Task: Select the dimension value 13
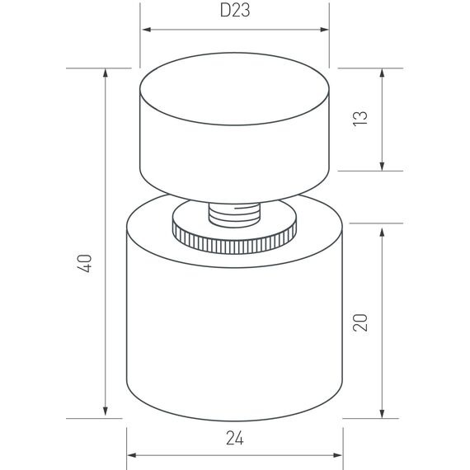pos(360,119)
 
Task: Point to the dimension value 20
pos(360,321)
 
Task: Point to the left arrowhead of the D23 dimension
pos(146,30)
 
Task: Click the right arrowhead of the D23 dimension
pos(324,30)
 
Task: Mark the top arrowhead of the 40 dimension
pos(106,73)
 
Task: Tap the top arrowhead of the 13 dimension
pos(382,73)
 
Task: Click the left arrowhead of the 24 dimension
pos(132,454)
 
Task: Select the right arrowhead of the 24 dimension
pos(338,454)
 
